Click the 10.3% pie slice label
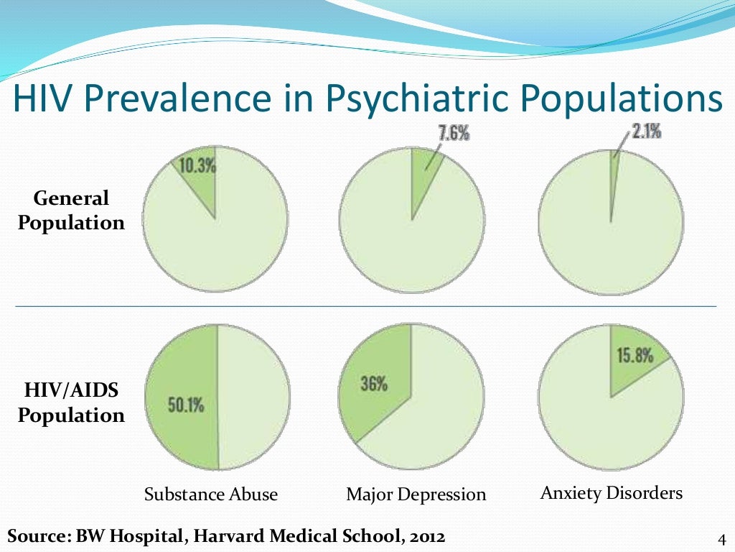tap(198, 165)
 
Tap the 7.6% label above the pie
tap(451, 134)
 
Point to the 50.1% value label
tap(185, 405)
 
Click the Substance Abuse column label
tap(211, 494)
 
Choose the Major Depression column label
tap(416, 494)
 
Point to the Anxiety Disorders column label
tap(611, 494)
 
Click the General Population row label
tap(72, 211)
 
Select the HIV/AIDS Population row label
tap(72, 403)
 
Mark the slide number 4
tap(722, 539)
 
